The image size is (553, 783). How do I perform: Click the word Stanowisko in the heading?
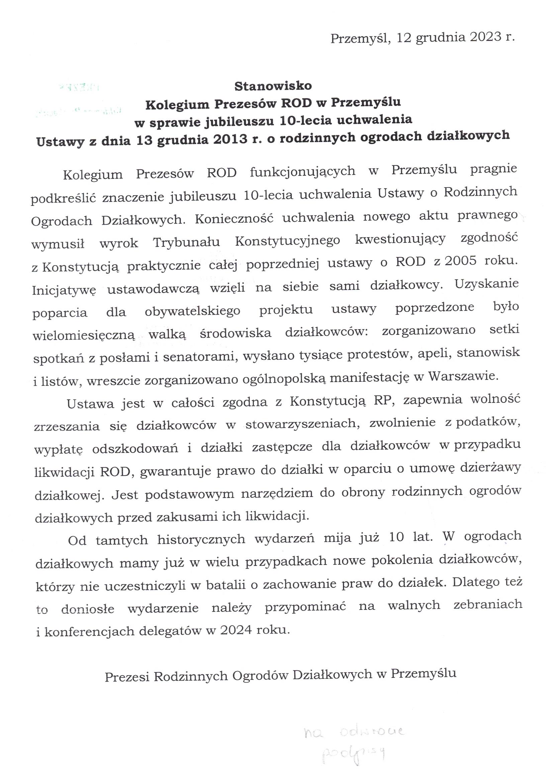[x=273, y=86]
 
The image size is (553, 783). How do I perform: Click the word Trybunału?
[x=186, y=242]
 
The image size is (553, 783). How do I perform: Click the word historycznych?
[x=201, y=539]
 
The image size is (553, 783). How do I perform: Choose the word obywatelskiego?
[x=192, y=311]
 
